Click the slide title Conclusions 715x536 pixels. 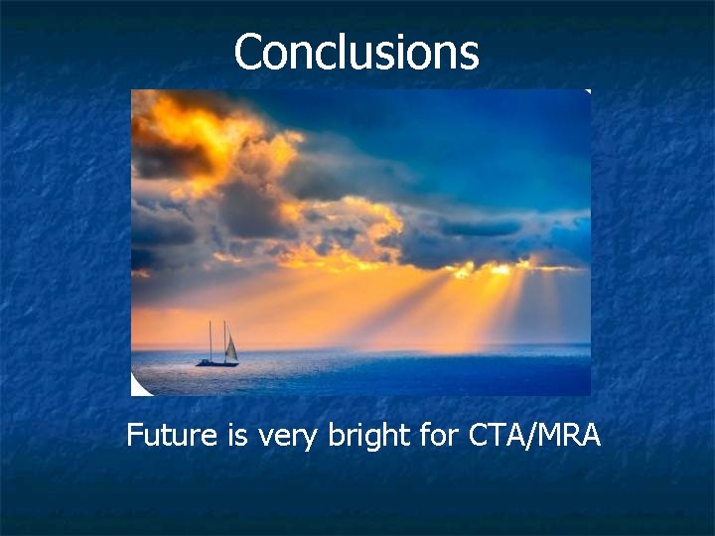357,52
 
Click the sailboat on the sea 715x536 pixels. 218,347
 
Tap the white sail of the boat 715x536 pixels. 231,348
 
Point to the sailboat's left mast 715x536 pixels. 210,340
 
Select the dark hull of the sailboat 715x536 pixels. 217,363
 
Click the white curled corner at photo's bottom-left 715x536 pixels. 138,388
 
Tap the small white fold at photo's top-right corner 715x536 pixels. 587,92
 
